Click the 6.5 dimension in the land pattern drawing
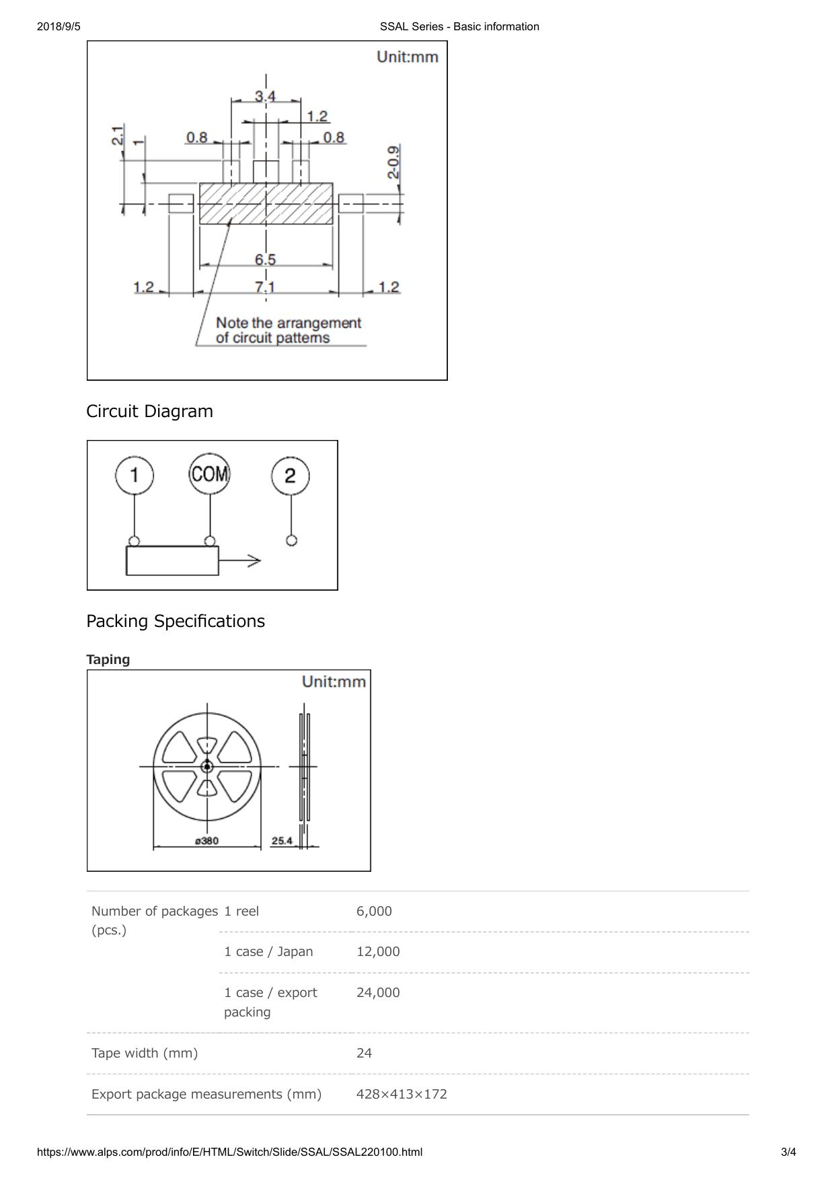coord(265,259)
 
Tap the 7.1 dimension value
coord(265,287)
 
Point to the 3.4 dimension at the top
coord(265,96)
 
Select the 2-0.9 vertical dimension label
coord(393,161)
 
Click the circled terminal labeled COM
coord(210,474)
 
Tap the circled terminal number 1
coord(135,475)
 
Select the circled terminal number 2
coord(291,476)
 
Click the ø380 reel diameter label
coord(206,841)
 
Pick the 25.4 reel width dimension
coord(282,841)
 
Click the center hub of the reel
coord(207,766)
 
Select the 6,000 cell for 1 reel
coord(374,911)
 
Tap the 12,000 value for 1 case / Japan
coord(378,951)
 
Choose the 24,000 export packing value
coord(378,992)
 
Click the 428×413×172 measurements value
coord(402,1094)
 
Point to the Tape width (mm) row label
coord(145,1053)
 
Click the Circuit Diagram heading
coord(149,411)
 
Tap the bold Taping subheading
coord(108,659)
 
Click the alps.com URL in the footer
coord(230,1152)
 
